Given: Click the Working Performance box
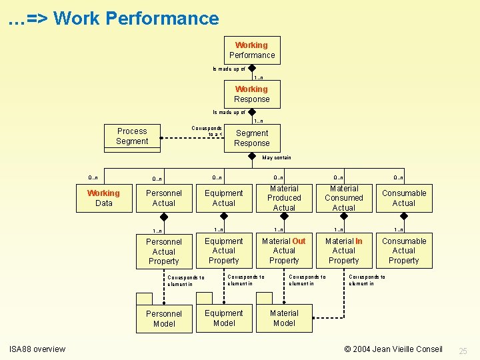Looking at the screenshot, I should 251,50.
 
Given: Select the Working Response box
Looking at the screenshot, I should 251,94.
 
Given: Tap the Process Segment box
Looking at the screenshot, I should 132,136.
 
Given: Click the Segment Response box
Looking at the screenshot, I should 251,138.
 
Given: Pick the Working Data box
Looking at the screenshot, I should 104,198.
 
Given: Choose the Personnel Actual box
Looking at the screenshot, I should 163,198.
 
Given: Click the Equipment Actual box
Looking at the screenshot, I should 224,198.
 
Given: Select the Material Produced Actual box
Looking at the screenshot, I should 284,198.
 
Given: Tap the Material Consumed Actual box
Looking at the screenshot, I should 344,198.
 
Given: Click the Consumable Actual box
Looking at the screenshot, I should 404,198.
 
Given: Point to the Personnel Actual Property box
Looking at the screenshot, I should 163,251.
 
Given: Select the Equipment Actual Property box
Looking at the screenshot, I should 224,251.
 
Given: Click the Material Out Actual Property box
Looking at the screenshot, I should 284,251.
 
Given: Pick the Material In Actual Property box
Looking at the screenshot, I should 344,251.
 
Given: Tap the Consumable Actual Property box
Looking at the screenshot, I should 404,251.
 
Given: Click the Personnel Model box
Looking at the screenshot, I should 163,319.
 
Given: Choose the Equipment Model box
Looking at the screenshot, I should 224,318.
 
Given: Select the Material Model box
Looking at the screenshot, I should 284,318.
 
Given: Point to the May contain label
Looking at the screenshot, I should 277,158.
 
